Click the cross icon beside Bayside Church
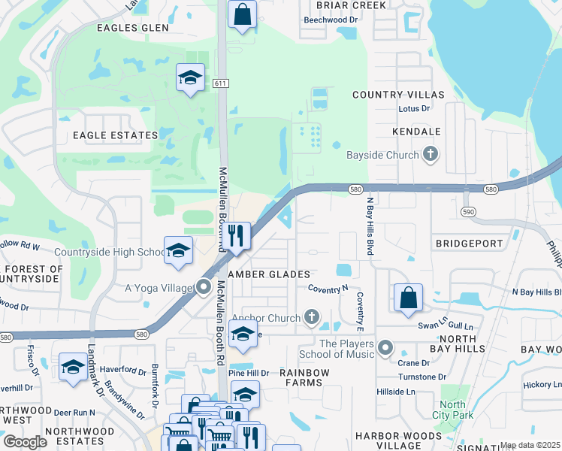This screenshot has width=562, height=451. tap(431, 156)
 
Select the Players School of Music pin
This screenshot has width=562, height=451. tap(385, 347)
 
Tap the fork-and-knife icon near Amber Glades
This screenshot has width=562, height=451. tap(238, 236)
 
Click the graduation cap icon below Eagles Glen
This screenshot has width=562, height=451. tap(190, 77)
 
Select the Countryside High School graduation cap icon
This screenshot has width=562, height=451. tap(178, 251)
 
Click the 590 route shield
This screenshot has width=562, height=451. tap(468, 213)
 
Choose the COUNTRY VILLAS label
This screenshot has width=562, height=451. tap(398, 95)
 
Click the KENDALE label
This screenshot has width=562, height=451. tap(415, 132)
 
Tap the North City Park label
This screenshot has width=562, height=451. tap(453, 410)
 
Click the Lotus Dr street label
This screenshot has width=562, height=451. tap(413, 109)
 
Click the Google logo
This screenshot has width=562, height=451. tap(25, 442)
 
